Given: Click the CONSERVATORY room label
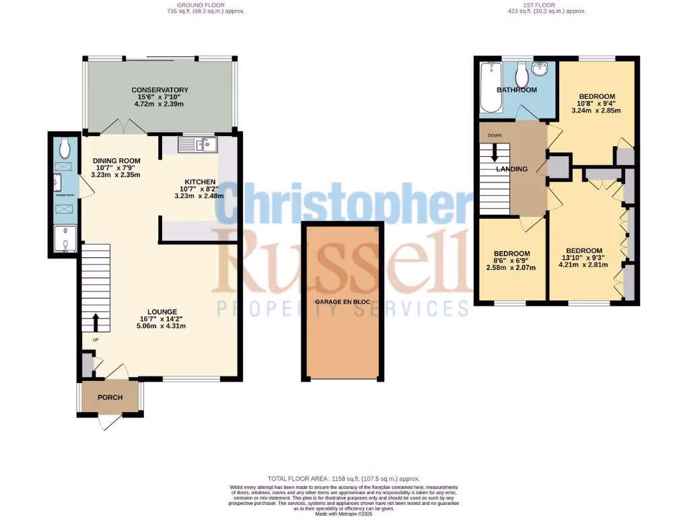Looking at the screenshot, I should pyautogui.click(x=159, y=90).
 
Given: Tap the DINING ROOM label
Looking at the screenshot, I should pyautogui.click(x=116, y=160).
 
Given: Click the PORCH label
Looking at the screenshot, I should pyautogui.click(x=110, y=397).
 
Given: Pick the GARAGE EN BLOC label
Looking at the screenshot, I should pyautogui.click(x=342, y=302).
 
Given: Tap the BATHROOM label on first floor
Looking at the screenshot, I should pyautogui.click(x=516, y=90).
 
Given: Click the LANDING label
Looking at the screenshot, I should pyautogui.click(x=512, y=169).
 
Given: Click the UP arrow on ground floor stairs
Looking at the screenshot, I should pyautogui.click(x=96, y=322).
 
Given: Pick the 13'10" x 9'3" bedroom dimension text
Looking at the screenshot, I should pyautogui.click(x=583, y=256).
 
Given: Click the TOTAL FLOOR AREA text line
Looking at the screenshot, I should pyautogui.click(x=344, y=476).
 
